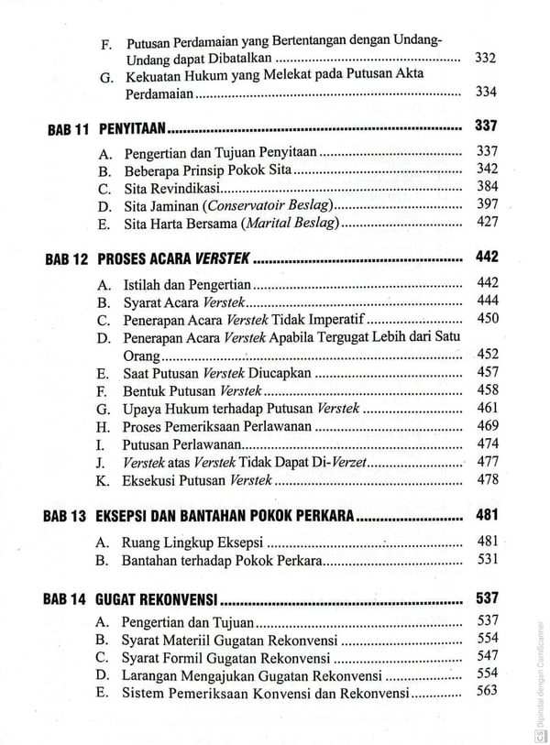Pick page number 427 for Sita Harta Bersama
point(487,222)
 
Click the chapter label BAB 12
point(68,259)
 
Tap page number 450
point(487,319)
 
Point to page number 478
point(487,479)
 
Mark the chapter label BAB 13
point(68,518)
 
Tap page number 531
point(487,559)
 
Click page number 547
point(487,656)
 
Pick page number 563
point(487,691)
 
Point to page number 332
point(487,59)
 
